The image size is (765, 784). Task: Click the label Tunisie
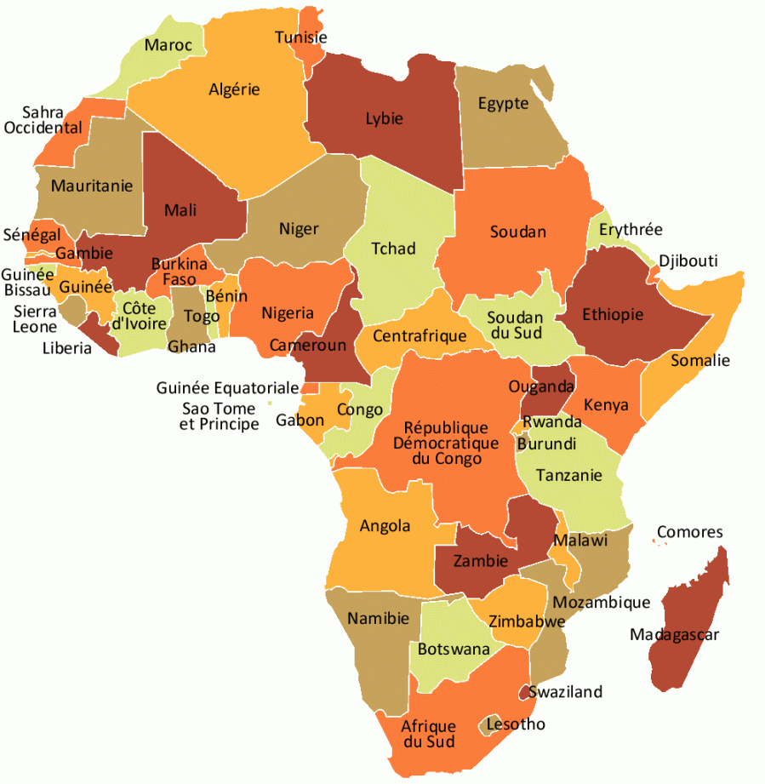coord(300,37)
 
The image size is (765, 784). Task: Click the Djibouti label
coord(688,260)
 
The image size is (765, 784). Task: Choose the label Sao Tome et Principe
coord(220,416)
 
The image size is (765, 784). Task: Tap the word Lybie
coord(384,118)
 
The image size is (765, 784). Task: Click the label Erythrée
coord(630,230)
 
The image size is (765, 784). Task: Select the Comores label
coord(689,532)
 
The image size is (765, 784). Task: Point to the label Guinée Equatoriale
coord(227,388)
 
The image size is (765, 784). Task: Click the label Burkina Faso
coord(179,272)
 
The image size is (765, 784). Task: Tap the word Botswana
coord(454,649)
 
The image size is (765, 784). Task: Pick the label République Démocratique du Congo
coord(446,443)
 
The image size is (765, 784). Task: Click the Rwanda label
coord(551,422)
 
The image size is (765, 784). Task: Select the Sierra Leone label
coord(36,319)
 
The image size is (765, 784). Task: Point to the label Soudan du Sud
coord(515,325)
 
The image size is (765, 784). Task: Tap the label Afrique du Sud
coord(429,734)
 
